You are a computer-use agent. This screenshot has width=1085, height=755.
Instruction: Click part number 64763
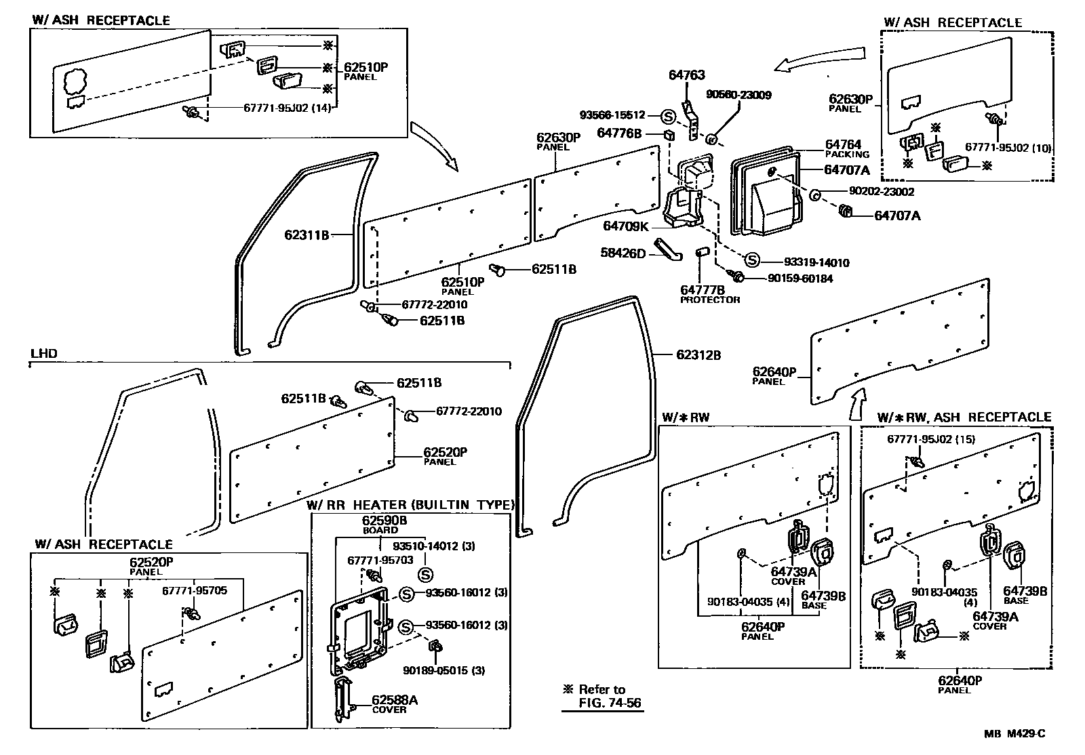coord(686,75)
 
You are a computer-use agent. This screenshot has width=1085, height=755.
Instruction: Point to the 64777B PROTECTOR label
coord(710,294)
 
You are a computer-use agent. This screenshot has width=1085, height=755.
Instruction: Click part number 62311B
coord(306,235)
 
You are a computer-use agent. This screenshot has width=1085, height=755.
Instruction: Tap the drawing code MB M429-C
coord(1014,733)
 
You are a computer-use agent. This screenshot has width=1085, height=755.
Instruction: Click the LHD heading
coord(44,354)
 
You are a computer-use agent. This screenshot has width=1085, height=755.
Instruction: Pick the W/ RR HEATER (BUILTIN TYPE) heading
coord(410,505)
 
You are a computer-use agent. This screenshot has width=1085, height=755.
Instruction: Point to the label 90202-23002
coord(880,192)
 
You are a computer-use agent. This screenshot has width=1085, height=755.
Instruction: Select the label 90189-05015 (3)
coord(444,670)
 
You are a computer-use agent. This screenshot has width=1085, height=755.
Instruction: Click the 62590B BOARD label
coord(384,525)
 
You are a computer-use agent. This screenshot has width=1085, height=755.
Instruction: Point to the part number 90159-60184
coord(800,279)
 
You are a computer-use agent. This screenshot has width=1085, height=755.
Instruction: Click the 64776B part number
coord(619,134)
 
